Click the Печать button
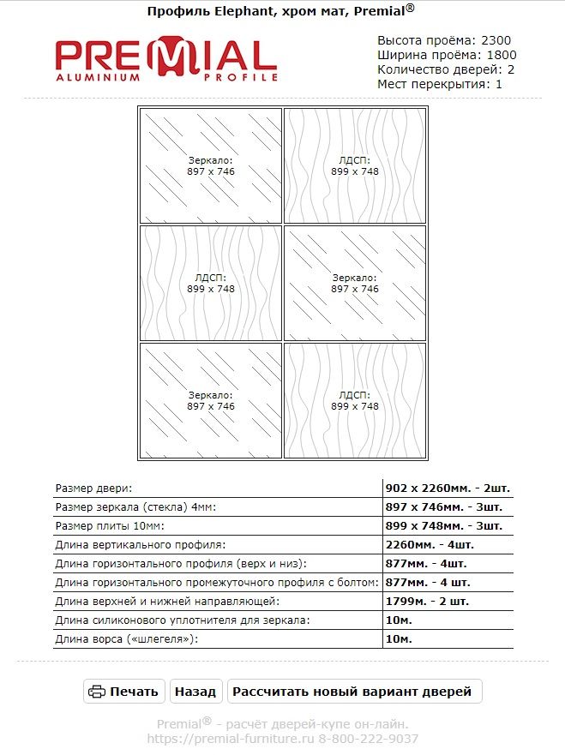click(124, 692)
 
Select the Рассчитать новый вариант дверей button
click(352, 692)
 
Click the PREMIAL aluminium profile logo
click(166, 59)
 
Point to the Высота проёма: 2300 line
click(444, 40)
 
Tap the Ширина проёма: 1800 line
click(447, 55)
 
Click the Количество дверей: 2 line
click(446, 69)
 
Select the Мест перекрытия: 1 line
click(440, 84)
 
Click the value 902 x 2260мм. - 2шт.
click(448, 488)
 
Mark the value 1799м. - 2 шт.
click(429, 601)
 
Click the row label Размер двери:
click(93, 488)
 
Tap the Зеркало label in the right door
click(355, 279)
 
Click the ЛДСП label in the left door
click(211, 279)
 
